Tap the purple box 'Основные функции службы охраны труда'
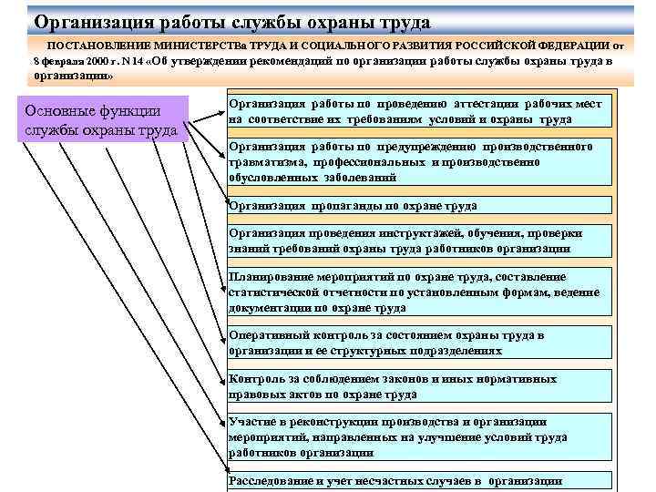click(x=106, y=119)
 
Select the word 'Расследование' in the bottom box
click(x=269, y=481)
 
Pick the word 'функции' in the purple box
click(x=126, y=110)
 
